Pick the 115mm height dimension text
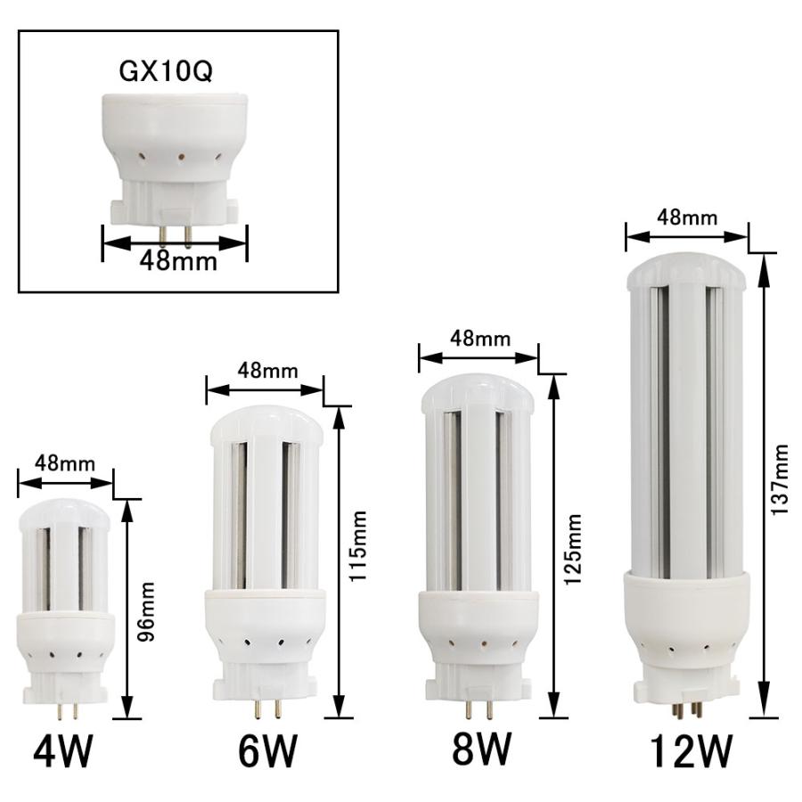coord(357,546)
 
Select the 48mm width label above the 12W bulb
coord(686,217)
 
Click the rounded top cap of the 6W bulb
coord(266,427)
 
